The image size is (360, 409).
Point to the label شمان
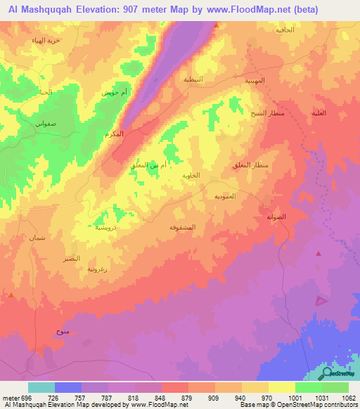[37, 238]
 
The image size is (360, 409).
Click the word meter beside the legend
[10, 398]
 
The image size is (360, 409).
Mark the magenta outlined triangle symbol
[321, 300]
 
